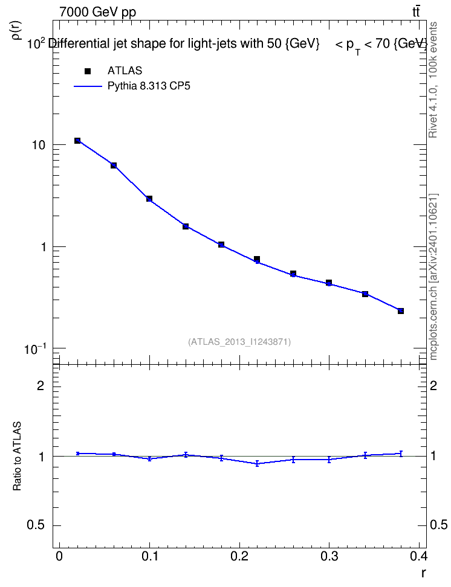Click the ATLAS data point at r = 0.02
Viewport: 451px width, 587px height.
coord(77,140)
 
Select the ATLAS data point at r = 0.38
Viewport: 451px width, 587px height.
coord(401,311)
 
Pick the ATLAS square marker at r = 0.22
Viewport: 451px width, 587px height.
coord(257,259)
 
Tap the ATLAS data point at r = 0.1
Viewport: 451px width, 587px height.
coord(149,199)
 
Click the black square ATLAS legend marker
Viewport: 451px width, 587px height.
coord(88,71)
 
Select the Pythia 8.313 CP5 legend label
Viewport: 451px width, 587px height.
coord(149,86)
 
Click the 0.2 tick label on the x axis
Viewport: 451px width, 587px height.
coord(239,556)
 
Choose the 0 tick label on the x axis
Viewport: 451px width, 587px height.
coord(59,556)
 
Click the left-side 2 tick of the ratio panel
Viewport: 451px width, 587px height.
coord(41,385)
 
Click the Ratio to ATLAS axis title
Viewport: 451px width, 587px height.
coord(17,456)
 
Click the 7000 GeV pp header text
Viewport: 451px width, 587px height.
coord(97,12)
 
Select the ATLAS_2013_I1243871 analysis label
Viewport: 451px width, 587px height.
coord(239,342)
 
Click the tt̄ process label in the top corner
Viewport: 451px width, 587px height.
coord(416,11)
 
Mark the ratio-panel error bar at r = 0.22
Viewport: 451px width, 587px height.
coord(257,463)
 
